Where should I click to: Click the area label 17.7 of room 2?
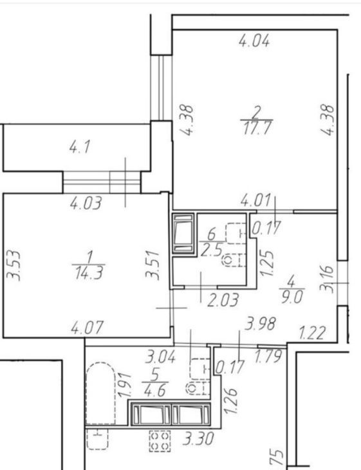point(257,128)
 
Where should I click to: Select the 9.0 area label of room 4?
point(292,297)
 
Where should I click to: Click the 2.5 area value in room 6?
point(212,250)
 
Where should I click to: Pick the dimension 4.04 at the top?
point(254,41)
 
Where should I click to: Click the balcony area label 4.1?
point(80,147)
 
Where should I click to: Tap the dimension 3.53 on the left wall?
point(14,266)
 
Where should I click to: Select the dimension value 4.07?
point(87,327)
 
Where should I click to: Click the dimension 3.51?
point(153,265)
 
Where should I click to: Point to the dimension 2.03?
point(223,300)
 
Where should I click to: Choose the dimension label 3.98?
point(260,324)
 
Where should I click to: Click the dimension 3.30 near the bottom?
point(199,439)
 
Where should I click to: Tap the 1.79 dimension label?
point(268,356)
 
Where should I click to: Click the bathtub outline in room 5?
point(100,393)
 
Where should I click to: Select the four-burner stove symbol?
point(160,441)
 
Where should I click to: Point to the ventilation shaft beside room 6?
point(183,234)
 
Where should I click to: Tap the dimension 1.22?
point(312,334)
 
